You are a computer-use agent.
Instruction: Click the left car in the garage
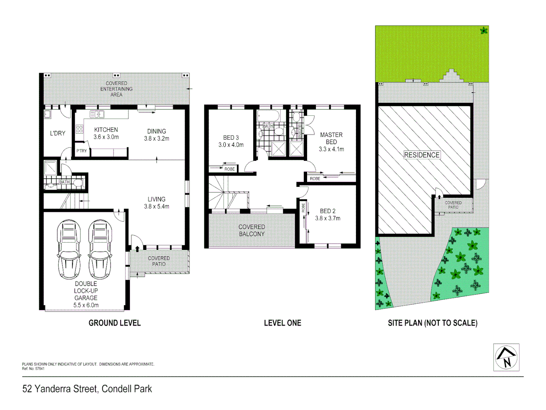[x=69, y=249]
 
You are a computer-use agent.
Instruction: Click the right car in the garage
[x=100, y=249]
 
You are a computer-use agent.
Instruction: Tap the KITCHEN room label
[x=106, y=130]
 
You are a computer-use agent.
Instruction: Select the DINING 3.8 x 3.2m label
[x=157, y=135]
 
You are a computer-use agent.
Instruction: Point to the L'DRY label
[x=58, y=133]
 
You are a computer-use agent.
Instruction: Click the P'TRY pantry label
[x=82, y=151]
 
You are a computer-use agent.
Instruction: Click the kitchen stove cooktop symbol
[x=79, y=129]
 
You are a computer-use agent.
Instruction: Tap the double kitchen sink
[x=97, y=114]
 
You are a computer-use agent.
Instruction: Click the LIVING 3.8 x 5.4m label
[x=157, y=203]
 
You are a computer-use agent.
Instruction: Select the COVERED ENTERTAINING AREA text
[x=116, y=89]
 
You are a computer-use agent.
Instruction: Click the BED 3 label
[x=231, y=138]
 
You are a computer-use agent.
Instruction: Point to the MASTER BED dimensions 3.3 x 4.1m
[x=331, y=149]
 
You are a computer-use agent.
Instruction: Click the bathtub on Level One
[x=268, y=116]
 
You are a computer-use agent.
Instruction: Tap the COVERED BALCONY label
[x=252, y=230]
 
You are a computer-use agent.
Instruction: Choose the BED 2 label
[x=328, y=211]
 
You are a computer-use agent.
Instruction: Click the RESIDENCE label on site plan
[x=422, y=155]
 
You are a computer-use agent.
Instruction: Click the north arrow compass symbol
[x=506, y=357]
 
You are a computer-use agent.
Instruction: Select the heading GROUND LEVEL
[x=115, y=323]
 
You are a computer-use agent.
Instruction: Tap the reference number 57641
[x=39, y=369]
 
